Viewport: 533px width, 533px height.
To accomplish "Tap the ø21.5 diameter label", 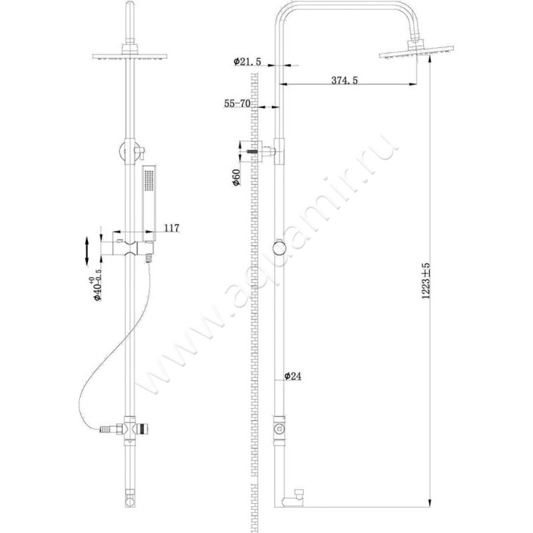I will click(247, 62).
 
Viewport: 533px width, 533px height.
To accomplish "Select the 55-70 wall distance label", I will click(237, 104).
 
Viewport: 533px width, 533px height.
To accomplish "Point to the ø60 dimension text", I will click(236, 177).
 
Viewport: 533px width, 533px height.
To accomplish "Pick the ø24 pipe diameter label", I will click(294, 376).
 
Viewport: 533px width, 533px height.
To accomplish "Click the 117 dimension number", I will click(171, 228).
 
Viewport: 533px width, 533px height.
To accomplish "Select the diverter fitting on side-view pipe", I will click(280, 427).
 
